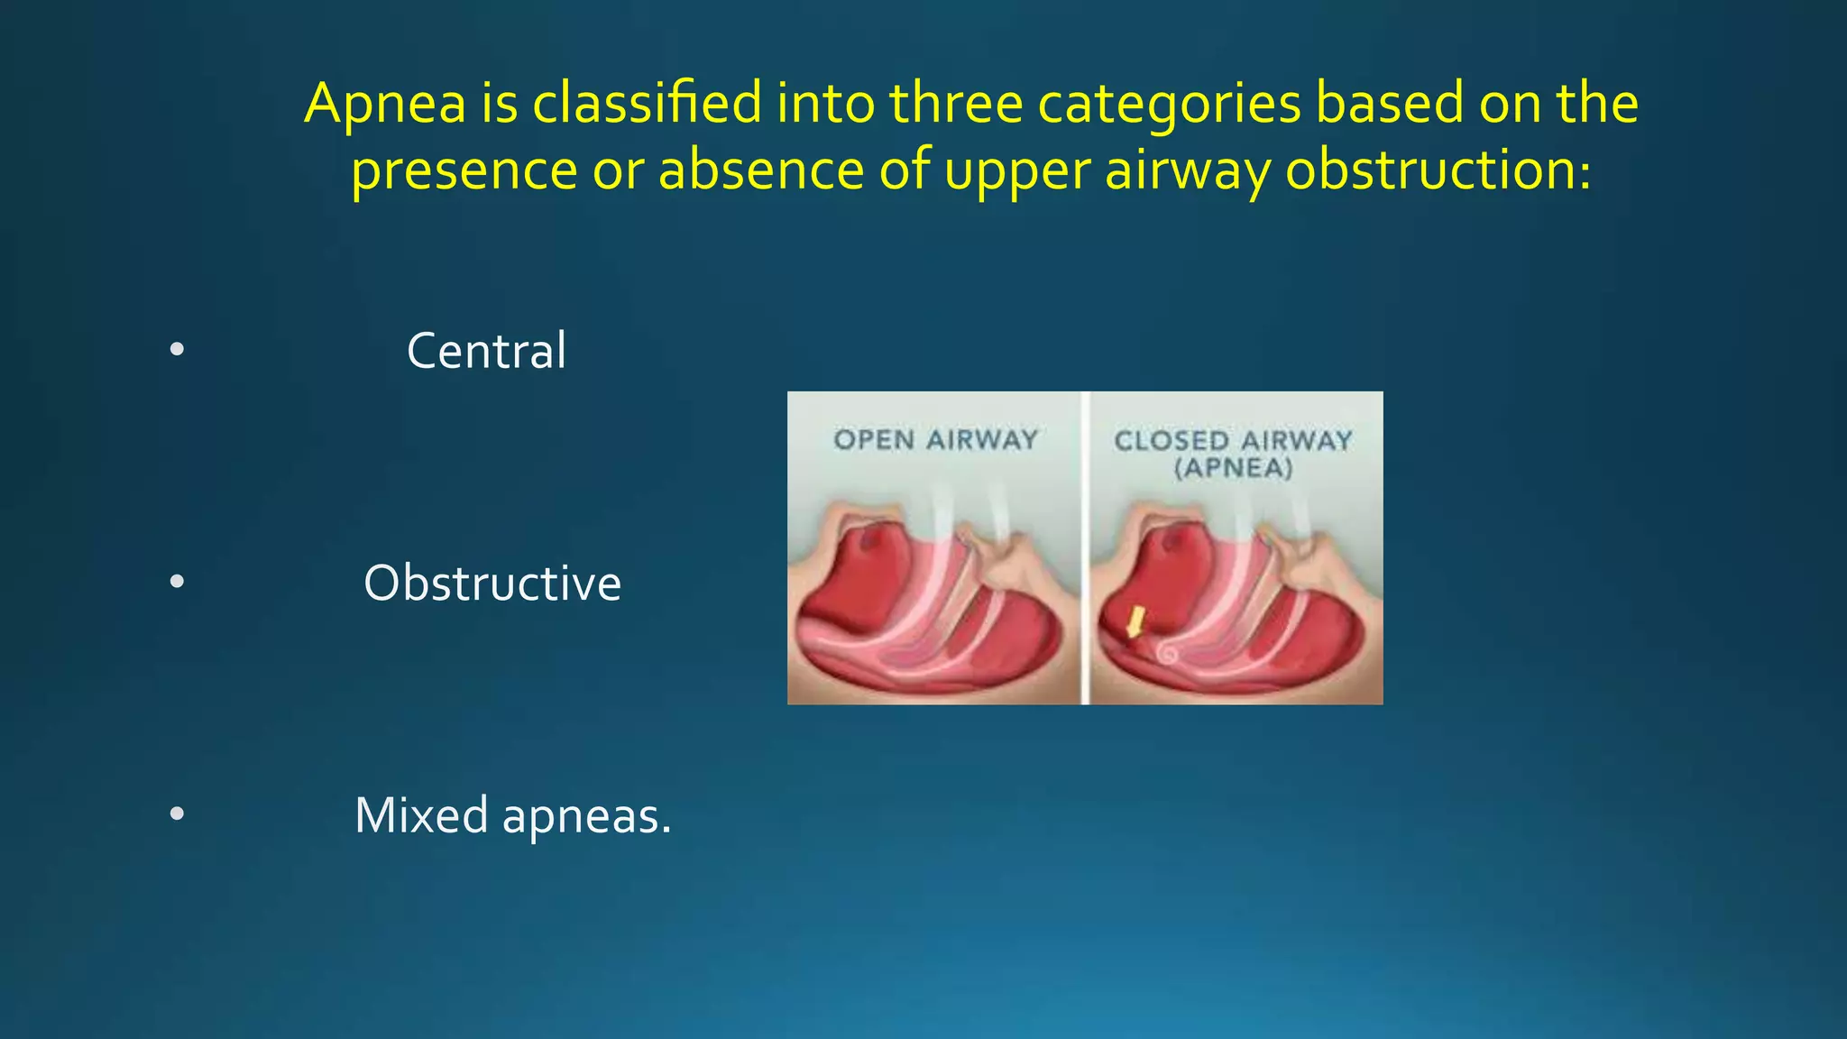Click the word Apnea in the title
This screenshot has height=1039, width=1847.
[x=385, y=105]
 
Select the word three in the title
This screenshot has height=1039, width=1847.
[x=956, y=103]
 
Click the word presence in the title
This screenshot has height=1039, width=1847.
[x=464, y=170]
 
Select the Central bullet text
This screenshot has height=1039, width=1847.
[x=486, y=351]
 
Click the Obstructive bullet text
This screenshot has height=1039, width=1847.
[x=492, y=584]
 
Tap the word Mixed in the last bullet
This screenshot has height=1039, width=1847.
[x=421, y=815]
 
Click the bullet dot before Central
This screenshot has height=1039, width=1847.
[x=177, y=350]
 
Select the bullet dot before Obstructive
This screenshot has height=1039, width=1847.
[x=177, y=583]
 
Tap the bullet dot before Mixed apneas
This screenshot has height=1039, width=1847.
[x=177, y=814]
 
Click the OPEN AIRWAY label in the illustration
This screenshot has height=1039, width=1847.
[x=935, y=440]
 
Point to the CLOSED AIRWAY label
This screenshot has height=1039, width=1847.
[x=1233, y=440]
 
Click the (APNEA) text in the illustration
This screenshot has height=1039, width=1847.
[x=1233, y=468]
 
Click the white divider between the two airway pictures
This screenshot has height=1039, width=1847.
[x=1085, y=547]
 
